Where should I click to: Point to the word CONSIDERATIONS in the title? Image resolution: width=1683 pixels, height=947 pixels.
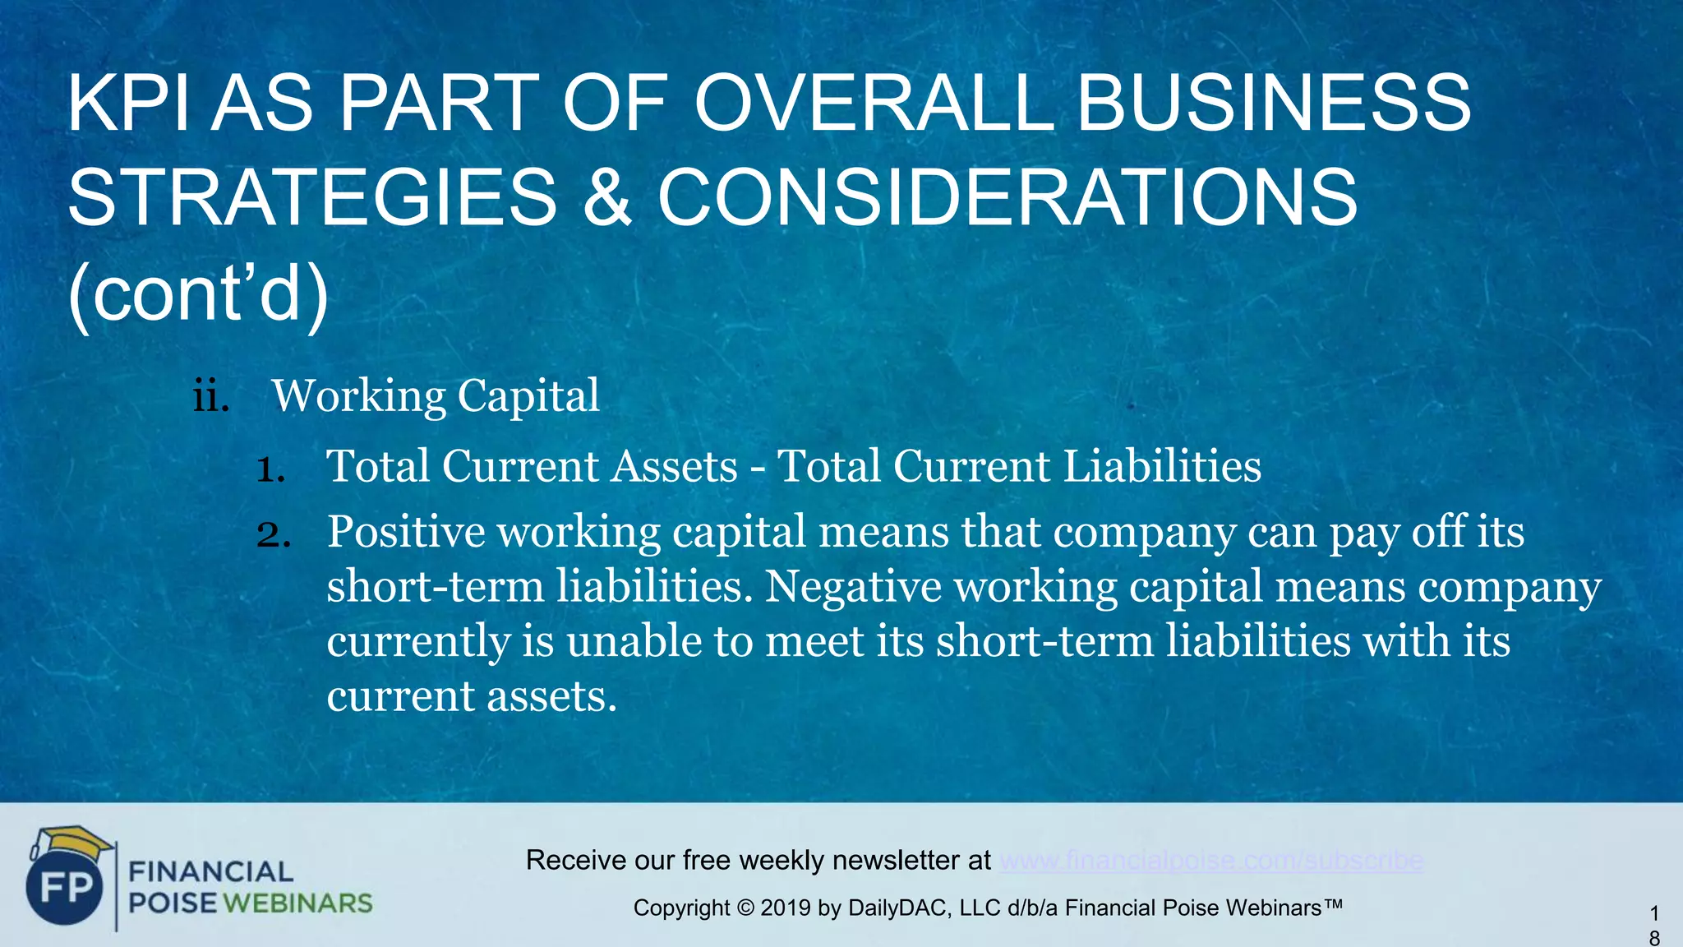tap(1007, 197)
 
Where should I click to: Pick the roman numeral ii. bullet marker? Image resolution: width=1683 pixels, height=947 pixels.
tap(210, 396)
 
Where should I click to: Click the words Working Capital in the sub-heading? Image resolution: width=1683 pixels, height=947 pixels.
tap(436, 396)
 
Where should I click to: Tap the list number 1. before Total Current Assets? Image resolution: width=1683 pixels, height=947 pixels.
tap(270, 469)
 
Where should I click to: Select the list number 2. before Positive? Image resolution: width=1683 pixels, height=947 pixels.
tap(273, 534)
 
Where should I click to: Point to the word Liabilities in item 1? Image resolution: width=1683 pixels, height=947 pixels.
tap(1162, 466)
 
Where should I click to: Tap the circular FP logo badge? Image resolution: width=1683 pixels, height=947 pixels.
tap(65, 889)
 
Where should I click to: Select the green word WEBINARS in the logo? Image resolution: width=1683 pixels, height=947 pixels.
tap(297, 903)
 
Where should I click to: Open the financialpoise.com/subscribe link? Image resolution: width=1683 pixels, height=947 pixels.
tap(1211, 861)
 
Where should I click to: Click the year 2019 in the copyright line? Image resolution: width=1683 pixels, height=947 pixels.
tap(786, 908)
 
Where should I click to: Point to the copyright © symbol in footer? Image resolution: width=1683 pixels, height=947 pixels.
tap(745, 908)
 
